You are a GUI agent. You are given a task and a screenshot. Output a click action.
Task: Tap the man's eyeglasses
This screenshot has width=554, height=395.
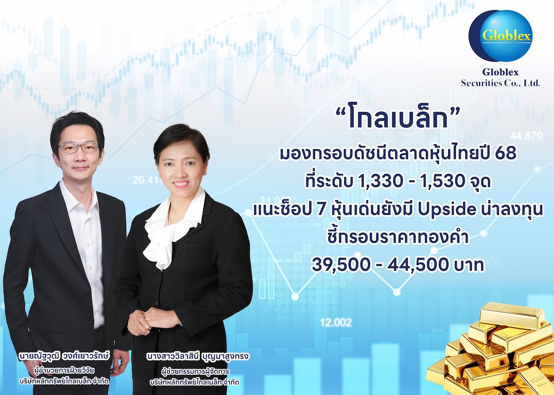pyautogui.click(x=78, y=147)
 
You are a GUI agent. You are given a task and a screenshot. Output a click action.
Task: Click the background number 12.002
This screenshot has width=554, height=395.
pyautogui.click(x=336, y=323)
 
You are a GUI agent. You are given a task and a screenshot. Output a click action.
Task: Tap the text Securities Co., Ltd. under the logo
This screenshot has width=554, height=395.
pyautogui.click(x=500, y=83)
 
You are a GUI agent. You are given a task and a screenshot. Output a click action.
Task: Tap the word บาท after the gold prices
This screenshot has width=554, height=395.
pyautogui.click(x=470, y=265)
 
